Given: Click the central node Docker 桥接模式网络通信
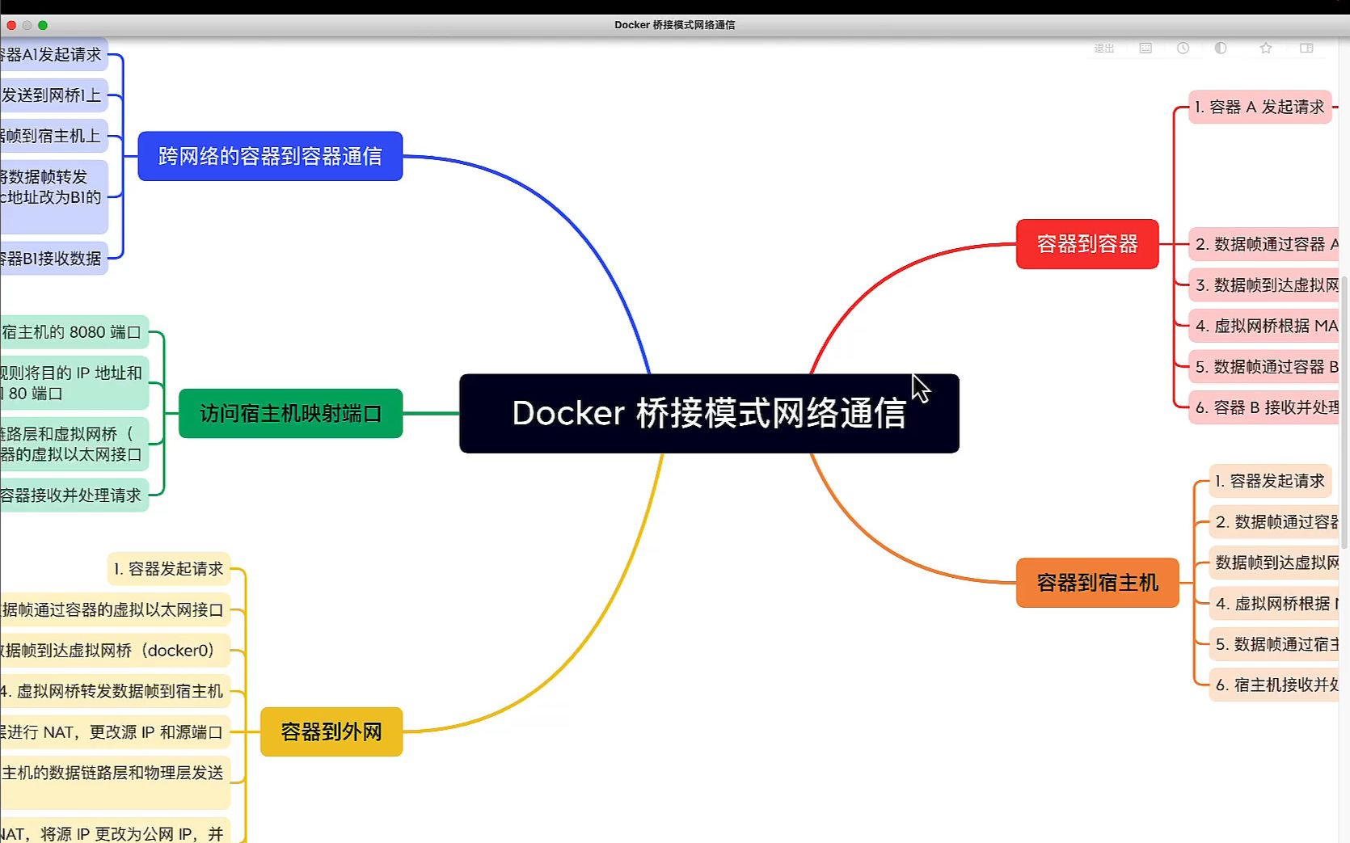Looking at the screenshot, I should pyautogui.click(x=709, y=413).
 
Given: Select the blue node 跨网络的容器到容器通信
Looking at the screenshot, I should pyautogui.click(x=270, y=156).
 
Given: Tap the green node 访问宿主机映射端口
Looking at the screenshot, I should pyautogui.click(x=290, y=414).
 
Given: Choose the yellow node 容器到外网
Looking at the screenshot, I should pyautogui.click(x=331, y=731).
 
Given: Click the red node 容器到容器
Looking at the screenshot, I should pyautogui.click(x=1087, y=244).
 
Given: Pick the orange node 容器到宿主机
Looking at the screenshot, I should pyautogui.click(x=1097, y=583).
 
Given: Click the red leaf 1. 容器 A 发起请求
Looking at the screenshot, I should pyautogui.click(x=1259, y=107).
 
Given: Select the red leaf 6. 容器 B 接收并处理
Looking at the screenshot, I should pyautogui.click(x=1265, y=407).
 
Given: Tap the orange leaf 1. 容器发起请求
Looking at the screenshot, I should pyautogui.click(x=1270, y=481).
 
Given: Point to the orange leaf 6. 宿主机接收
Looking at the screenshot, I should pyautogui.click(x=1276, y=685).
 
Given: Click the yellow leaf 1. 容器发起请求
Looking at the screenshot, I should pyautogui.click(x=168, y=569).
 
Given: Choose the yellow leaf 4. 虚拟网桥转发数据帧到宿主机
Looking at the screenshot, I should pyautogui.click(x=113, y=691).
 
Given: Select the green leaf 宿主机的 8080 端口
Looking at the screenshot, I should pyautogui.click(x=73, y=332).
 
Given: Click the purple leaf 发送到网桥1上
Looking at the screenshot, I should pyautogui.click(x=52, y=95).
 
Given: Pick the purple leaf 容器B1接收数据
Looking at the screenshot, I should pyautogui.click(x=52, y=259).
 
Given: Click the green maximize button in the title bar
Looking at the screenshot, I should pyautogui.click(x=43, y=25).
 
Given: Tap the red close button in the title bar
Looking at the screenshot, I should pyautogui.click(x=11, y=25).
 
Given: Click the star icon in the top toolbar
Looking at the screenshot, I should pyautogui.click(x=1266, y=48).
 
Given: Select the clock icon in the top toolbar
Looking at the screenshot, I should pyautogui.click(x=1183, y=48).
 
